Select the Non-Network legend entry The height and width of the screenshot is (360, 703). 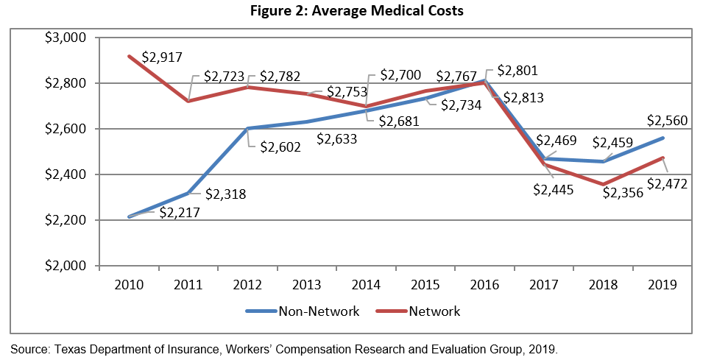pyautogui.click(x=318, y=311)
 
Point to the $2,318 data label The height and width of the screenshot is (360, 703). pyautogui.click(x=225, y=194)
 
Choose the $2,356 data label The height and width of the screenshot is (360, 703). pyautogui.click(x=623, y=193)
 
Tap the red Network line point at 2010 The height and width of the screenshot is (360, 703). pyautogui.click(x=130, y=57)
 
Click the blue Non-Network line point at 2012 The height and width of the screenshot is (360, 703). pyautogui.click(x=247, y=129)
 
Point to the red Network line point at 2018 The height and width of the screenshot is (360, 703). pyautogui.click(x=602, y=185)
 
